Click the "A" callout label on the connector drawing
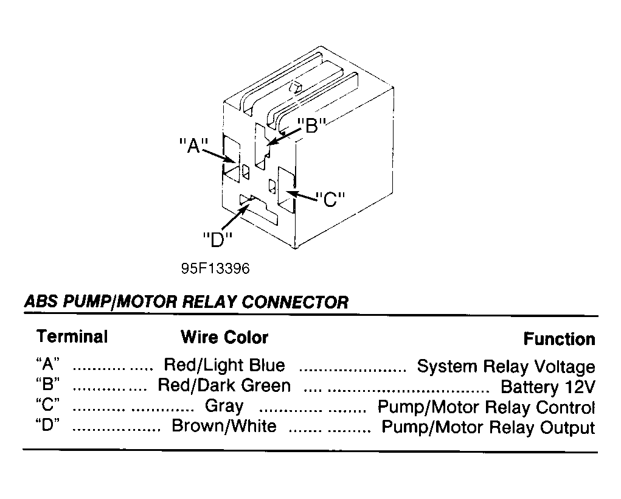coord(193,145)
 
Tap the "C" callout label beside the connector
coord(330,200)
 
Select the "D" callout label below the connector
coord(217,239)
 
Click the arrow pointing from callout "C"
coord(302,196)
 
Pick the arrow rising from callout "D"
coord(237,215)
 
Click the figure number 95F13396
coord(215,269)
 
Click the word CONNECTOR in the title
coord(295,302)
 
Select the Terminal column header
coord(72,337)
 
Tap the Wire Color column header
coord(224,337)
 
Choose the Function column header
coord(559,339)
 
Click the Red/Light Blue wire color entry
coord(224,365)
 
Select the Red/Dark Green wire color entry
coord(224,385)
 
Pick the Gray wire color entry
coord(224,407)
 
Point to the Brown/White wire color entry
coord(224,426)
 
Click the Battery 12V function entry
coord(548,387)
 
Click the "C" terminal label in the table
coord(47,405)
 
